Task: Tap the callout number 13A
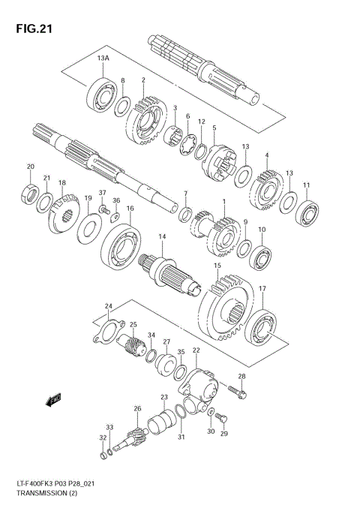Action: point(102,58)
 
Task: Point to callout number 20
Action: point(31,167)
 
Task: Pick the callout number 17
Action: point(262,288)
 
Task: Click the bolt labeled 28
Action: point(234,391)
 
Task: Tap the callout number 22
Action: point(196,350)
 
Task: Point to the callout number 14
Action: point(161,237)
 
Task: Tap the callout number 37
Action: point(103,192)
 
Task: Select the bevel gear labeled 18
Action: point(65,212)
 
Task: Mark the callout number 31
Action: point(180,437)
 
